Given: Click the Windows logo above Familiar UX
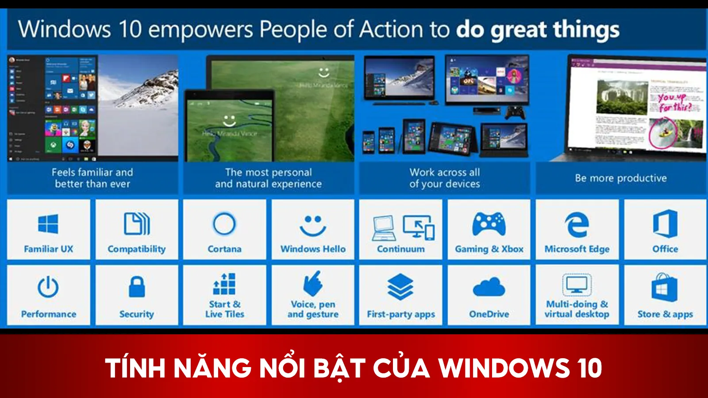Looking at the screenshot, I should pyautogui.click(x=48, y=224).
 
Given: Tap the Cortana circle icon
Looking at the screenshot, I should pyautogui.click(x=224, y=224).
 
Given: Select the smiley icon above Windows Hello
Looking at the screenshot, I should pyautogui.click(x=313, y=225).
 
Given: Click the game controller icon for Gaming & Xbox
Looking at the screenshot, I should pyautogui.click(x=489, y=224).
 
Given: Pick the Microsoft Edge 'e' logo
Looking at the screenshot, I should pyautogui.click(x=577, y=224).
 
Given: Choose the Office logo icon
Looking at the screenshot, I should pyautogui.click(x=665, y=224).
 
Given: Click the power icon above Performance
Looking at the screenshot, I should pyautogui.click(x=48, y=287).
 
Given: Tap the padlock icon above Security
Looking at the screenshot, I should pyautogui.click(x=137, y=287).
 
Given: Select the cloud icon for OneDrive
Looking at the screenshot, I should pyautogui.click(x=489, y=287).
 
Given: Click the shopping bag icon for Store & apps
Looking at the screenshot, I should pyautogui.click(x=665, y=287).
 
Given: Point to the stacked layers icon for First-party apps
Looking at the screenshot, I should pyautogui.click(x=400, y=287).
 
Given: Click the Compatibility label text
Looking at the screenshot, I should pyautogui.click(x=137, y=249).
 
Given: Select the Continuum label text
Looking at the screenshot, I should pyautogui.click(x=400, y=249).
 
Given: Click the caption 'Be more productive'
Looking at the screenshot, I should pyautogui.click(x=621, y=178).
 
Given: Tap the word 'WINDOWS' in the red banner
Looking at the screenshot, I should pyautogui.click(x=504, y=368).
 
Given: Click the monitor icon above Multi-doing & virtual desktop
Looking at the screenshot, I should pyautogui.click(x=577, y=285).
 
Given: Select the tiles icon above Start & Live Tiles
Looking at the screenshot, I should pyautogui.click(x=224, y=284).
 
